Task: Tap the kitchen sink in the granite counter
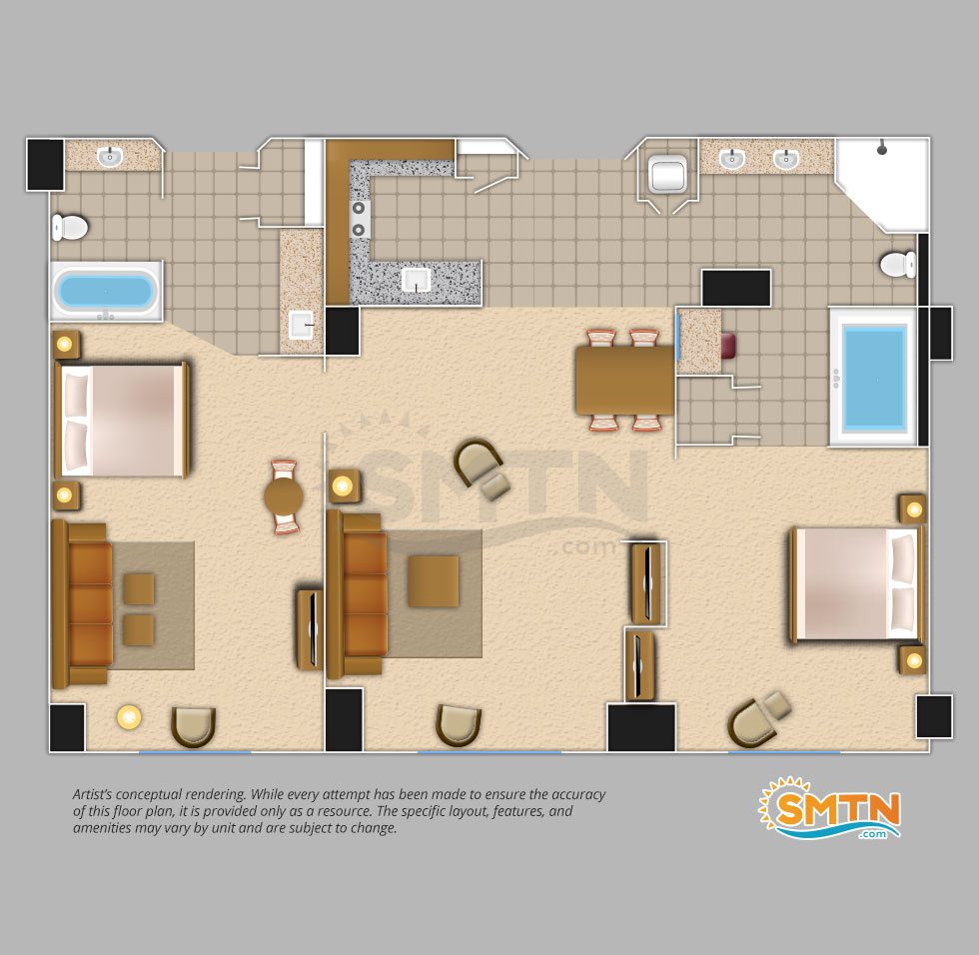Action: [416, 281]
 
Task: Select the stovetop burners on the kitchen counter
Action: [359, 219]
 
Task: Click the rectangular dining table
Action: [625, 380]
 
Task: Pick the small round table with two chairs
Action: [284, 497]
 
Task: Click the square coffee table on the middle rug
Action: [434, 581]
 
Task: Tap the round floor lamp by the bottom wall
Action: [129, 717]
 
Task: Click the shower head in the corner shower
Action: [881, 149]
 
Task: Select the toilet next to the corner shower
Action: [898, 265]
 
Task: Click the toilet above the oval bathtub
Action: [69, 227]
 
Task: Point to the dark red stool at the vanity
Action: [728, 346]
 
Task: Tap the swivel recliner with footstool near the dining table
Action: [482, 471]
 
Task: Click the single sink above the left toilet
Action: [110, 156]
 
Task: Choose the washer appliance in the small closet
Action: [667, 174]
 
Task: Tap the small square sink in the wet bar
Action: [301, 325]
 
